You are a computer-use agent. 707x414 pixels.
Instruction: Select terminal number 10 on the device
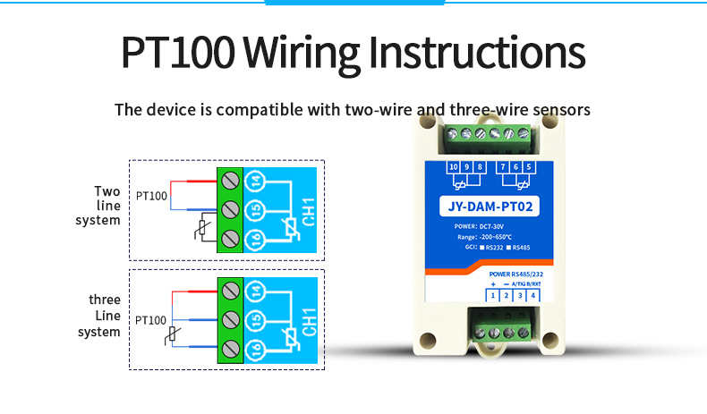(x=454, y=167)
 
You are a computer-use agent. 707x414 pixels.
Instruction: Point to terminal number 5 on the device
(x=530, y=167)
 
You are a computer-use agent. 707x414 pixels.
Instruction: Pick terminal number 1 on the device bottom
(x=492, y=295)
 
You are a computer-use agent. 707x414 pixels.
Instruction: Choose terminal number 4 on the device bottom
(x=533, y=295)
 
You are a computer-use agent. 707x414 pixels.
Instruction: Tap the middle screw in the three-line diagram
(x=230, y=319)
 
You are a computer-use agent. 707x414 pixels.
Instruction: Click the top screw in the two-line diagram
(x=230, y=182)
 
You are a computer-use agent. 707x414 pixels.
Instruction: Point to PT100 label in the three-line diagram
(x=150, y=319)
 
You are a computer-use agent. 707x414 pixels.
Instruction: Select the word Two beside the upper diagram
(x=106, y=190)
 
